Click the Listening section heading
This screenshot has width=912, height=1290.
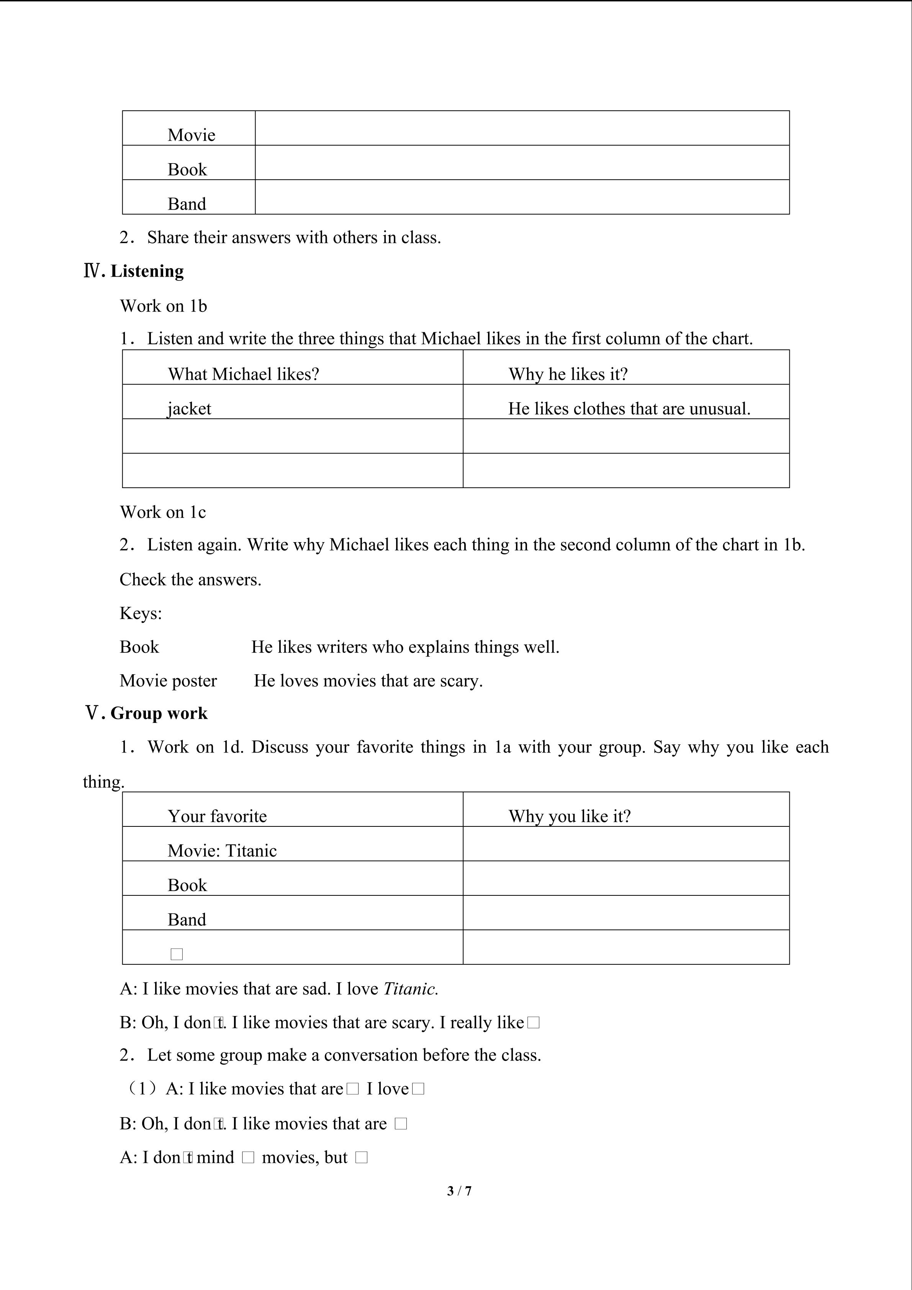tap(147, 271)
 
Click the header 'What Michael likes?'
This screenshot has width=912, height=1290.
tap(243, 374)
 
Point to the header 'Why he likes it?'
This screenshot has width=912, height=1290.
tap(568, 374)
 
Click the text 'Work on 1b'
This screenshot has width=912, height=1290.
tap(164, 306)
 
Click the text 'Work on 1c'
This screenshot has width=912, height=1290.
tap(163, 512)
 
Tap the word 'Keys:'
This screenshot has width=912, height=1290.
tap(141, 613)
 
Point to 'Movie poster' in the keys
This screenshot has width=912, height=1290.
tap(168, 680)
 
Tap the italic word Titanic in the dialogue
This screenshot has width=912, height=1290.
tap(410, 989)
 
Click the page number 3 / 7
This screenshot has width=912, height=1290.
tap(459, 1190)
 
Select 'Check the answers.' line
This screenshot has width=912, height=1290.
tap(190, 579)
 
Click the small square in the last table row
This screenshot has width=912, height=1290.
tap(176, 954)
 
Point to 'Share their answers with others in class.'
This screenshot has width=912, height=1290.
tap(294, 237)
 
